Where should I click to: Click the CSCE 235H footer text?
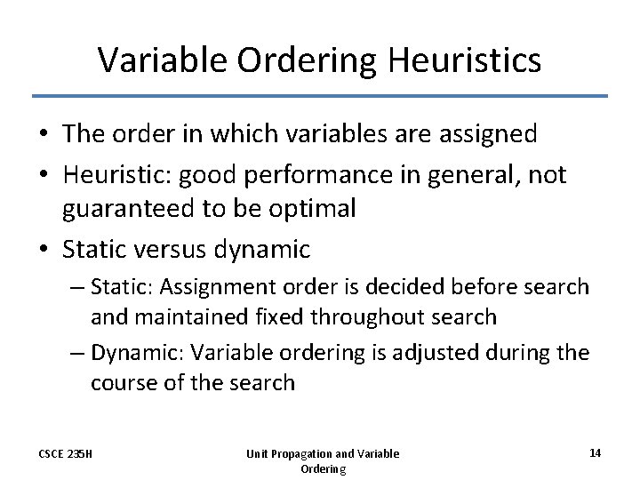(x=66, y=454)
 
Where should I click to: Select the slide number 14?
(x=595, y=452)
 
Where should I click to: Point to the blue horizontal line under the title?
(x=320, y=96)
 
